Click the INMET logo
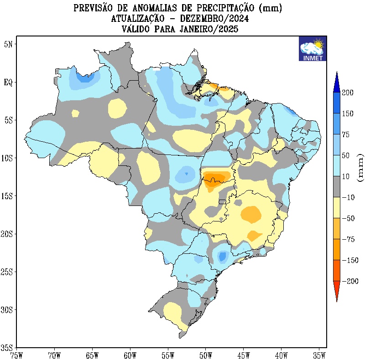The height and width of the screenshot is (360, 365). pos(312,49)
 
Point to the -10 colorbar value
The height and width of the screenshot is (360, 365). pos(348,198)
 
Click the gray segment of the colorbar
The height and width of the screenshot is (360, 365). pos(336,187)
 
